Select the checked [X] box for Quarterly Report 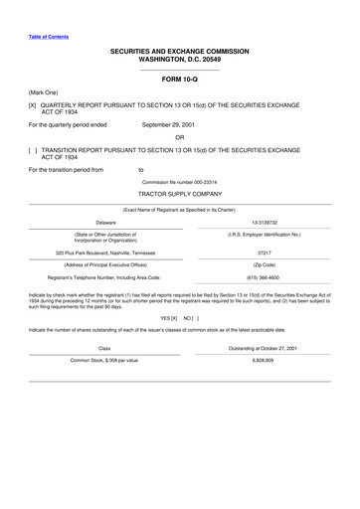coord(33,103)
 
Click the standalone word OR coord(180,137)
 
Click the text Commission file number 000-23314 coord(180,183)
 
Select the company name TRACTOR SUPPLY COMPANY coord(180,196)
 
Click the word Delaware coord(105,223)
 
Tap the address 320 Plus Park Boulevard coord(105,253)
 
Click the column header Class coord(104,347)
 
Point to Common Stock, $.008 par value coord(104,359)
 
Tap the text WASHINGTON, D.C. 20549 coord(180,59)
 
